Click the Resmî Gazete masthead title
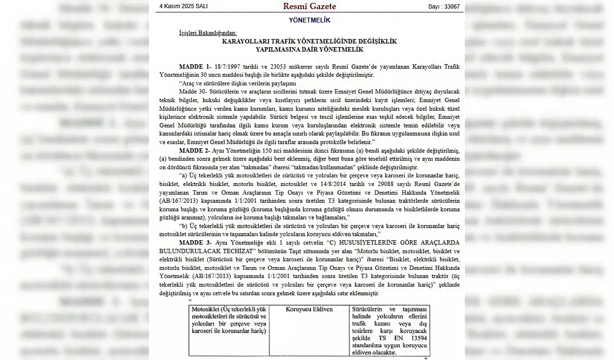(x=309, y=6)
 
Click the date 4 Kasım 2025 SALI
(x=183, y=6)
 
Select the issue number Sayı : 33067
(x=444, y=7)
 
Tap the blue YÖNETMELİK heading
(x=309, y=20)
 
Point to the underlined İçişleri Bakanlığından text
(x=208, y=33)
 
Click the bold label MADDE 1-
(x=195, y=66)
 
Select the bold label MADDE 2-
(x=195, y=151)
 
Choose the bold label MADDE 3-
(x=195, y=243)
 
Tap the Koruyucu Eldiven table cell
(x=309, y=309)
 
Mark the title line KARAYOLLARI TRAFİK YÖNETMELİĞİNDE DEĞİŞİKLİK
(x=309, y=41)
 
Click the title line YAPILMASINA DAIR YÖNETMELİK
(x=309, y=49)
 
